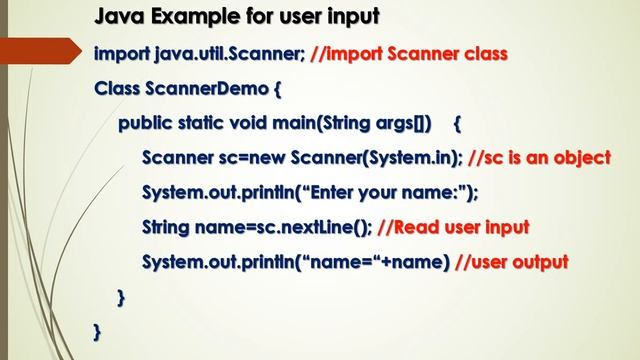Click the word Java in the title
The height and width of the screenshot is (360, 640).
pyautogui.click(x=118, y=17)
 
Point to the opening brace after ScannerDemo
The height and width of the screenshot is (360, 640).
pyautogui.click(x=277, y=89)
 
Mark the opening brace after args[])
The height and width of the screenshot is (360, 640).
pyautogui.click(x=457, y=124)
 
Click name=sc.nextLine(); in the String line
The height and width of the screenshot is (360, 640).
pyautogui.click(x=281, y=227)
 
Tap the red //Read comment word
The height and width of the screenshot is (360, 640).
pyautogui.click(x=412, y=227)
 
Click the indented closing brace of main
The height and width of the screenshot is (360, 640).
pyautogui.click(x=122, y=297)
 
